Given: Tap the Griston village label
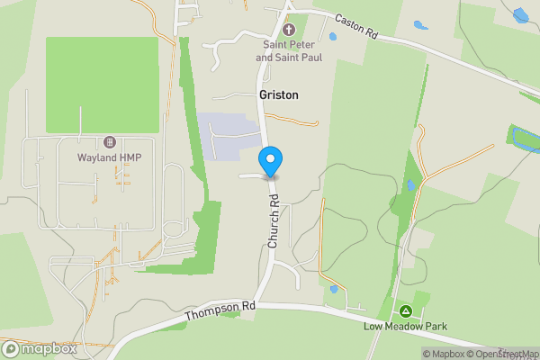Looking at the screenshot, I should (x=279, y=94).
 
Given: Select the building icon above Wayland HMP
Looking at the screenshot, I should (x=110, y=142).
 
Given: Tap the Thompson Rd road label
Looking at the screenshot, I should (x=220, y=311).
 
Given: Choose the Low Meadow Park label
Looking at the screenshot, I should (x=406, y=326).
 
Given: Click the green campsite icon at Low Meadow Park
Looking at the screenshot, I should (x=406, y=310).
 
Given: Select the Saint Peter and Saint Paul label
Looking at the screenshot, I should (x=289, y=51).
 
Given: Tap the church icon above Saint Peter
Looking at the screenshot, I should (x=289, y=30).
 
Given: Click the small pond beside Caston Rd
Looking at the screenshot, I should (x=333, y=37).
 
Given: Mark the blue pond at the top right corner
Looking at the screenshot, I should (x=520, y=14).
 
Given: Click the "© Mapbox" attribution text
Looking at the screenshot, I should (x=442, y=354).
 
